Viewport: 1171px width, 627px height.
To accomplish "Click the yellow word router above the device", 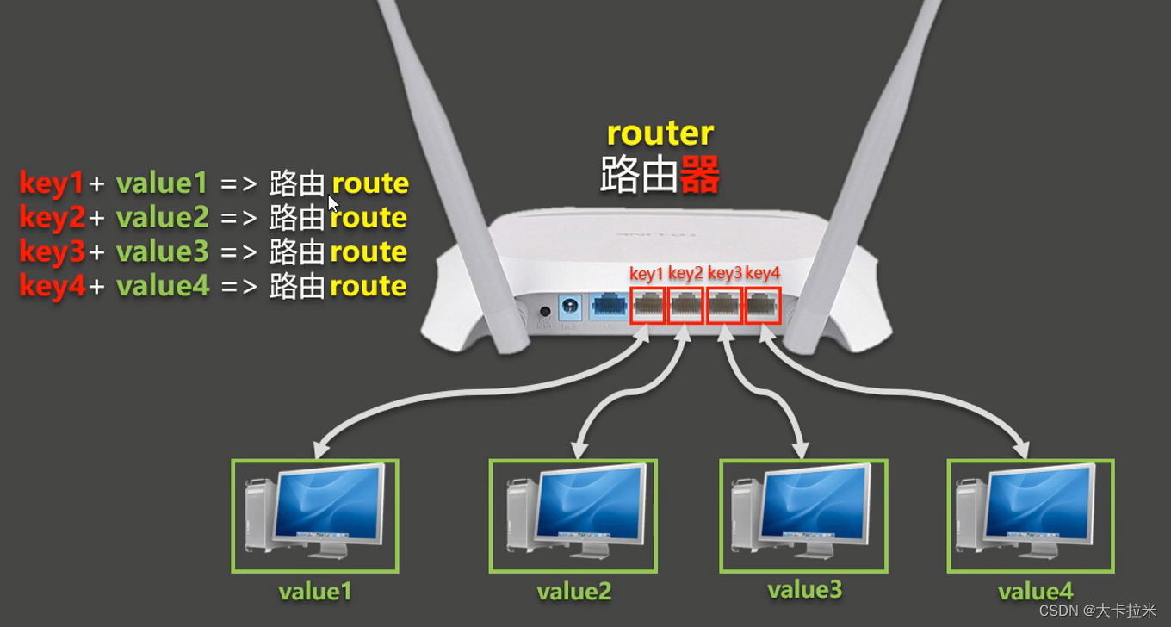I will click(x=660, y=133).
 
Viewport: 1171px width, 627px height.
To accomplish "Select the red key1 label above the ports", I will click(x=647, y=274).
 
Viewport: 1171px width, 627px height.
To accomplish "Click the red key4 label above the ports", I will click(x=762, y=274).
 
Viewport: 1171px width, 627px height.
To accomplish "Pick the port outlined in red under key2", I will click(x=685, y=306).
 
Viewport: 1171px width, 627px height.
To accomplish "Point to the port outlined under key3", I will click(x=724, y=306).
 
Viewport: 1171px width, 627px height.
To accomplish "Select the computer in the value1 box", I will click(x=314, y=515).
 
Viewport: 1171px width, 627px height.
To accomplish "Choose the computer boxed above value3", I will click(x=802, y=515).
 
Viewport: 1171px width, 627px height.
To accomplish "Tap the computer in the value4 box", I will click(x=1030, y=515).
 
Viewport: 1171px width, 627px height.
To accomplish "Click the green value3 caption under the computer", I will click(x=804, y=590).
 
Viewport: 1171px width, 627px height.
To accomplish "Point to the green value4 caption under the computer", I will click(x=1036, y=593).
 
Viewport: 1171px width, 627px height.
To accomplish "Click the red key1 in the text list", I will click(x=52, y=183).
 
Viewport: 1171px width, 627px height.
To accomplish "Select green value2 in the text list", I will click(x=162, y=218).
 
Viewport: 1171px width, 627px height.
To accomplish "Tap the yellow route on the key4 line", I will click(x=369, y=286).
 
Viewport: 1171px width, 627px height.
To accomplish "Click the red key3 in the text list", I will click(x=52, y=252).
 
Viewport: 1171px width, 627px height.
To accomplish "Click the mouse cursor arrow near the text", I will click(x=333, y=203).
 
